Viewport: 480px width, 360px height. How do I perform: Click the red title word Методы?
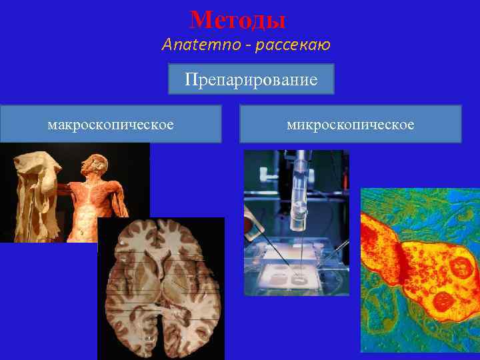(x=237, y=19)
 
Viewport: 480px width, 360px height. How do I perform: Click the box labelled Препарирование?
(x=251, y=80)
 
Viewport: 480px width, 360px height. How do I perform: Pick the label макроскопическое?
(x=111, y=124)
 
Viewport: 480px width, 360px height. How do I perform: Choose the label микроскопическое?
(x=350, y=124)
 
